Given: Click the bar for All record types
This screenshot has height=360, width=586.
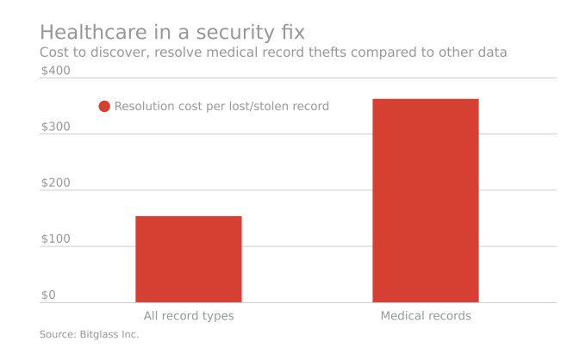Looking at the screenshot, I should click(x=188, y=258).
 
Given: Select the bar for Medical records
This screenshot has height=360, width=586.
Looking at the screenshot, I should click(x=425, y=200).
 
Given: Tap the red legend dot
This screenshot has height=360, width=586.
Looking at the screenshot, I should click(x=104, y=107).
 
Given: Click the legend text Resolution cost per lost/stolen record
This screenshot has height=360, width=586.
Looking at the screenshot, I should click(x=221, y=107).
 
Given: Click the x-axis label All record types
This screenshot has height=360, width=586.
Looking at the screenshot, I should click(x=188, y=316).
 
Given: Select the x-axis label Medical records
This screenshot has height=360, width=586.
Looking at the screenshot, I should click(x=425, y=316).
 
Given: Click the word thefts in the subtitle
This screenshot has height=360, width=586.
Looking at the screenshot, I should click(x=352, y=53).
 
